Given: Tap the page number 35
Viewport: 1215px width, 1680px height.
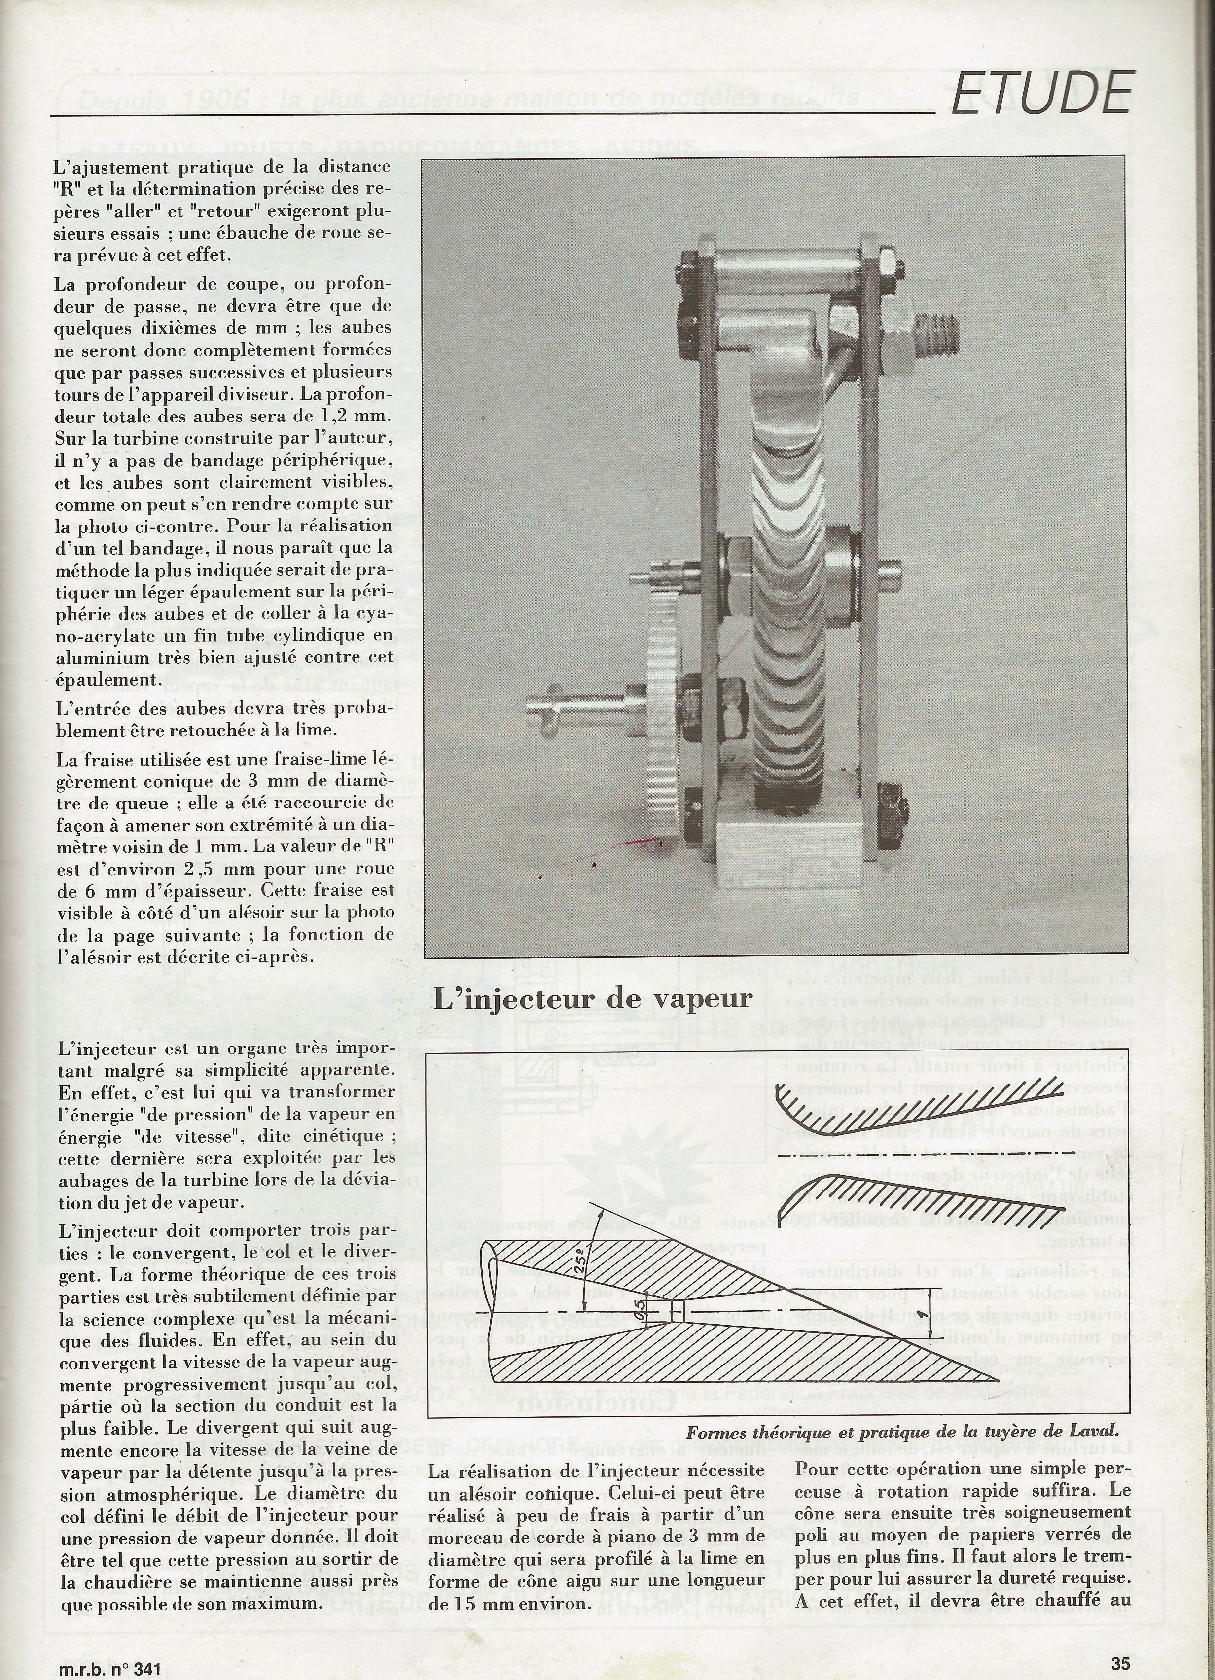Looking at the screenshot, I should pos(1121,1663).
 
